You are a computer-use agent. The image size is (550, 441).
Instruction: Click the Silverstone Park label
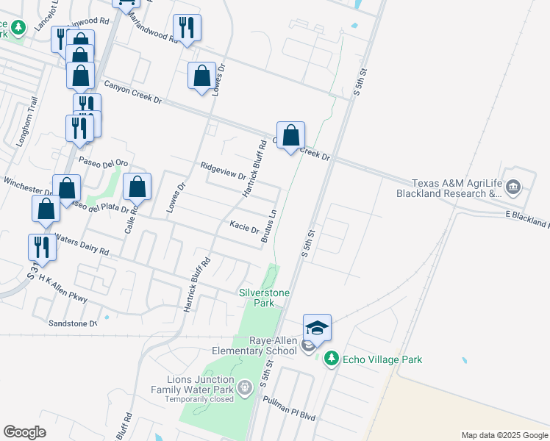coord(265,298)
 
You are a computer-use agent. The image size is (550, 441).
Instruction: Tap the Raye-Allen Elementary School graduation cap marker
coord(317,327)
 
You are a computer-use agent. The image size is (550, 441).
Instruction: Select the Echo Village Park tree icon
coord(332,359)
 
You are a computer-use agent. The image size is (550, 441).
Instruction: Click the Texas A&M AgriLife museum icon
coord(513,189)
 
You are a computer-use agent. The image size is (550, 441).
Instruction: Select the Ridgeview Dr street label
coord(222,171)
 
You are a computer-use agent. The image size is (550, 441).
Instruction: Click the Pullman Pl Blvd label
coord(289,408)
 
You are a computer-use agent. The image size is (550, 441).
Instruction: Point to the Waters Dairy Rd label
coord(82,245)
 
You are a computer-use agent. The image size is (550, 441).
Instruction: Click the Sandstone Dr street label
coord(72,323)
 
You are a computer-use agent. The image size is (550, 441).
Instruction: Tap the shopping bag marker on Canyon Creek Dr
coord(291,135)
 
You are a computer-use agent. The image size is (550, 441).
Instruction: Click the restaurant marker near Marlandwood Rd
coord(187,28)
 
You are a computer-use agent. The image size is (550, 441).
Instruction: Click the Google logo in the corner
coord(24,431)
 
